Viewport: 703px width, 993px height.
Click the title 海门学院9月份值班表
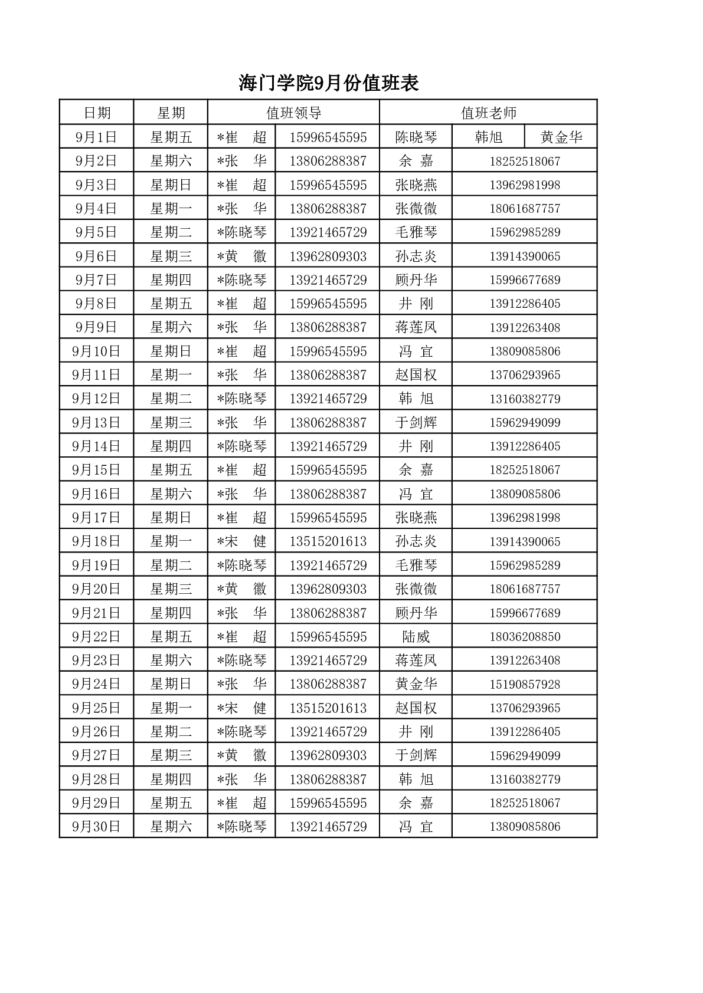[329, 83]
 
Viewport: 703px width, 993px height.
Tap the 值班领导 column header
[293, 113]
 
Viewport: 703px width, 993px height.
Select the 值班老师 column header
[488, 113]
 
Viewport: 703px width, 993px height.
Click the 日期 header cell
[97, 113]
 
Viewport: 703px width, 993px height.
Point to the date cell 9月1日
[96, 137]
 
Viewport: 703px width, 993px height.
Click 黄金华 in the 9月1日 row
[561, 137]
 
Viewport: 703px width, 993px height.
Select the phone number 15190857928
[524, 684]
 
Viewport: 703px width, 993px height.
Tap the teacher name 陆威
[416, 637]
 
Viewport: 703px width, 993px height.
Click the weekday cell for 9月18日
[171, 541]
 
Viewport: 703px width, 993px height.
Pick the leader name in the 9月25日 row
[242, 708]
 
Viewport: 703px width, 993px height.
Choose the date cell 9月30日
[96, 826]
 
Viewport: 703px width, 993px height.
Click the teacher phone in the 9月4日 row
[524, 209]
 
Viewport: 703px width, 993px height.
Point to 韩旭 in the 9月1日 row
[488, 137]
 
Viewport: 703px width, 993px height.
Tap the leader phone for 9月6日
[328, 257]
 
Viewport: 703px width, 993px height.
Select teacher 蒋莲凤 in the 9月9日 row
[416, 327]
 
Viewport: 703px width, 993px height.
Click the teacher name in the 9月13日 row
[416, 423]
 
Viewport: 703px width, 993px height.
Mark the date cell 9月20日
[96, 589]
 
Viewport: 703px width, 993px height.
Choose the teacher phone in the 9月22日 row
[524, 637]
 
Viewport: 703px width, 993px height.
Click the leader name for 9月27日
[242, 755]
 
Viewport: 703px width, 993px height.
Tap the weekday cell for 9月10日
[171, 351]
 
